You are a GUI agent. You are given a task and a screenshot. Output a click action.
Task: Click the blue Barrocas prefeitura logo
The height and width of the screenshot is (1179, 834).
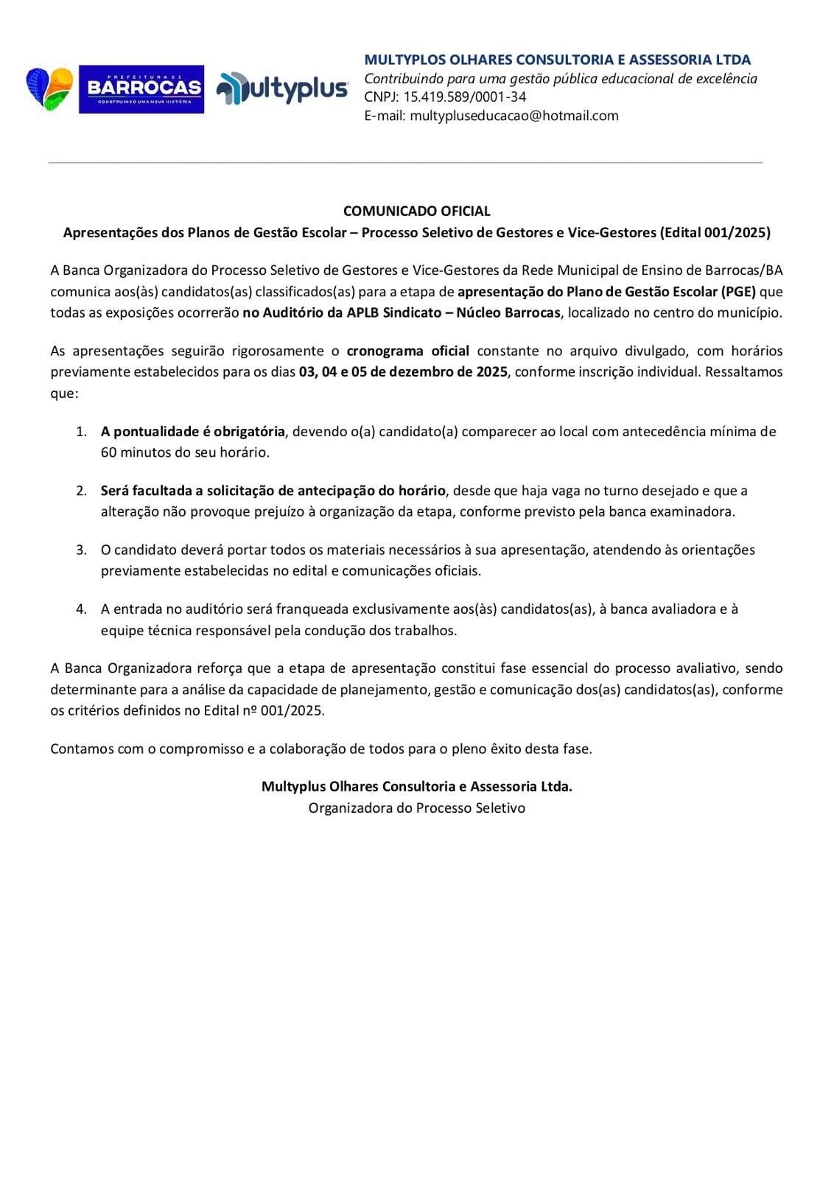(x=141, y=88)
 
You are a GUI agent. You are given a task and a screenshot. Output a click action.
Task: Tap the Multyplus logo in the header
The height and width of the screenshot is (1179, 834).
(x=282, y=88)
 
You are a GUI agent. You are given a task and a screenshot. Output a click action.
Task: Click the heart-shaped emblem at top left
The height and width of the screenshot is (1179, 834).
(x=50, y=88)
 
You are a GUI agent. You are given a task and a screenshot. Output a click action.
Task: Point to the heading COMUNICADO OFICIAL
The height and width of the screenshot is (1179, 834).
(x=416, y=211)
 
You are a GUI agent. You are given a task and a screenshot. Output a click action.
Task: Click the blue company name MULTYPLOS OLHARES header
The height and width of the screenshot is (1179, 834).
(x=557, y=60)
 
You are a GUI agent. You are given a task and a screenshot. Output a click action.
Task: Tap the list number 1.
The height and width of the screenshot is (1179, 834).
(x=81, y=432)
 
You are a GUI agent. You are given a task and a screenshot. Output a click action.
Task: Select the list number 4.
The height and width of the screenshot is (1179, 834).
(x=81, y=609)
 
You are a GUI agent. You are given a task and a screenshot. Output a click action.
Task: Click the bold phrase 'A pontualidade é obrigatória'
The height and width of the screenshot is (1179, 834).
(x=192, y=432)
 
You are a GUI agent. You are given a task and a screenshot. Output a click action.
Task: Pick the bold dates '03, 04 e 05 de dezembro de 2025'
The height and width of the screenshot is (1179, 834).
(x=403, y=372)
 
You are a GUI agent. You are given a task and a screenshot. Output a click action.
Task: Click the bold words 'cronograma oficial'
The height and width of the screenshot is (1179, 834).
(x=407, y=351)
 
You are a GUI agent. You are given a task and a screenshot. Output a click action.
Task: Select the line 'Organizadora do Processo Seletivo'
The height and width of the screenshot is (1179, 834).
(x=416, y=808)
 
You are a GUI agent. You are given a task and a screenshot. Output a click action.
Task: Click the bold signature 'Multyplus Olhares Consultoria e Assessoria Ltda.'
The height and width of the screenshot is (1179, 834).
(x=416, y=786)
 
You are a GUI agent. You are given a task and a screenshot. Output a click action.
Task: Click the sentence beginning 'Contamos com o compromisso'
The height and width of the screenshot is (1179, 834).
(x=320, y=749)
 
